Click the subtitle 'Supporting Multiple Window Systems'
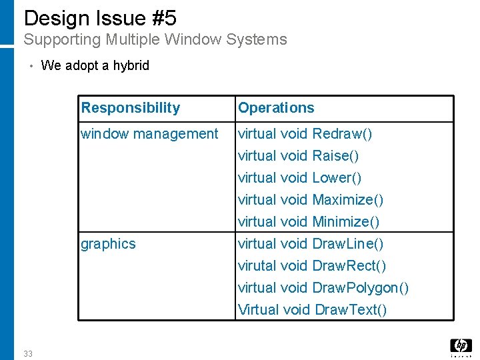pos(155,39)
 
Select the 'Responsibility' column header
pos(130,108)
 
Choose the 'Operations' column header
pos(276,108)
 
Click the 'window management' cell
pos(149,134)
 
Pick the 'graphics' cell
pos(108,244)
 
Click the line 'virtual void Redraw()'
pos(305,134)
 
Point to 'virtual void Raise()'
pos(299,156)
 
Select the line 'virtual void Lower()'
pos(300,178)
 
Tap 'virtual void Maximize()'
pos(311,200)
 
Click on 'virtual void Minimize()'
pos(309,222)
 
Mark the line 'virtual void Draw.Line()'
pos(311,244)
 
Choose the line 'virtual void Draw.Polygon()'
pos(323,288)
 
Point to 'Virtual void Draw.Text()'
pos(312,310)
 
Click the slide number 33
pos(27,353)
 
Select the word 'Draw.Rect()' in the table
pos(349,266)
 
